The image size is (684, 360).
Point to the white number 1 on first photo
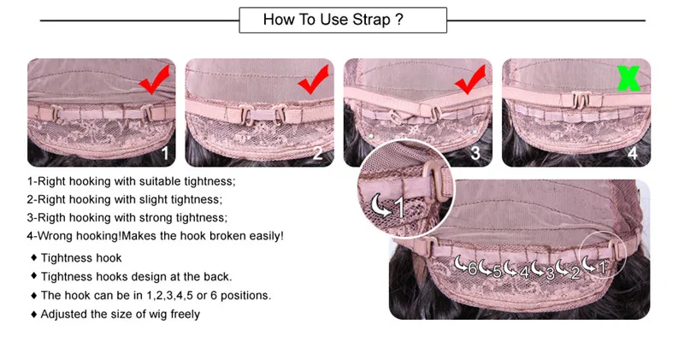point(167,154)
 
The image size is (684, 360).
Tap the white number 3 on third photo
point(475,154)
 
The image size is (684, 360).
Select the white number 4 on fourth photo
point(633,154)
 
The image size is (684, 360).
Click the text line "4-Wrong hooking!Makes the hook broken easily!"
point(155,235)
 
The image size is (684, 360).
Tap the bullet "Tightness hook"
point(81,257)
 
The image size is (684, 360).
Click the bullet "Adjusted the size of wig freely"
point(120,314)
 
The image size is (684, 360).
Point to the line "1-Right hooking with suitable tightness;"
point(131,181)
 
